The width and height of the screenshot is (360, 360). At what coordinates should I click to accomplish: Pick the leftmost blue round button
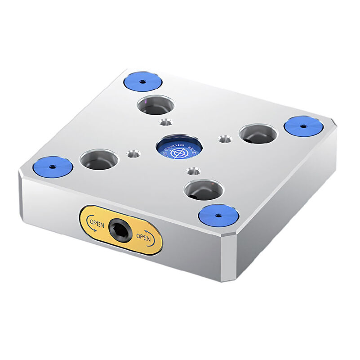tap(53, 167)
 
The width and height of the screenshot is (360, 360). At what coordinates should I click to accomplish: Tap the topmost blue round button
tap(142, 81)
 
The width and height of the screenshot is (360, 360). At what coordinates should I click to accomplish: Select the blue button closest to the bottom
tap(218, 215)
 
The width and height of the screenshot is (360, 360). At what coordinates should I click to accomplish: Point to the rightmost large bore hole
tap(258, 133)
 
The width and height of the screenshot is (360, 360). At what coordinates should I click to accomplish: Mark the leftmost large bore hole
tap(99, 160)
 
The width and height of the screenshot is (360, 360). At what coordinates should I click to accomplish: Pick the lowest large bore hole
tap(203, 189)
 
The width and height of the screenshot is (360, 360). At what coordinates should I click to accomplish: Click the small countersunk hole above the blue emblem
tap(165, 122)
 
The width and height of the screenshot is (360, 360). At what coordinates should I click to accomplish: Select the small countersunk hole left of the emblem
tap(133, 153)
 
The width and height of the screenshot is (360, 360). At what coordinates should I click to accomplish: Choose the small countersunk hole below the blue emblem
tap(193, 171)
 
